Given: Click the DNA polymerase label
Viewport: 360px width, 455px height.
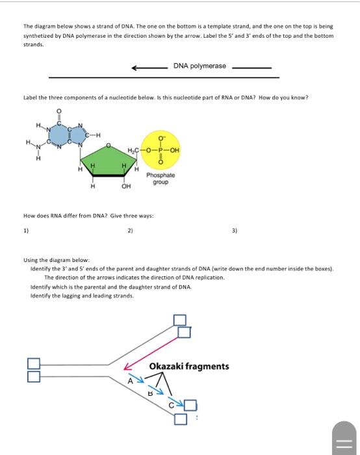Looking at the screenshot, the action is (200, 66).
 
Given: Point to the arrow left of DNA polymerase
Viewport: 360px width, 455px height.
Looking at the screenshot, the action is (148, 67).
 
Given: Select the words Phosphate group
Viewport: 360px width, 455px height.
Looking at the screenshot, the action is (161, 178).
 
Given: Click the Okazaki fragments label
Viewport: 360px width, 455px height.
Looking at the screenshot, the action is (189, 367).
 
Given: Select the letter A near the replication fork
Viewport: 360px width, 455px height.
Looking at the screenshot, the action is (130, 381).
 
